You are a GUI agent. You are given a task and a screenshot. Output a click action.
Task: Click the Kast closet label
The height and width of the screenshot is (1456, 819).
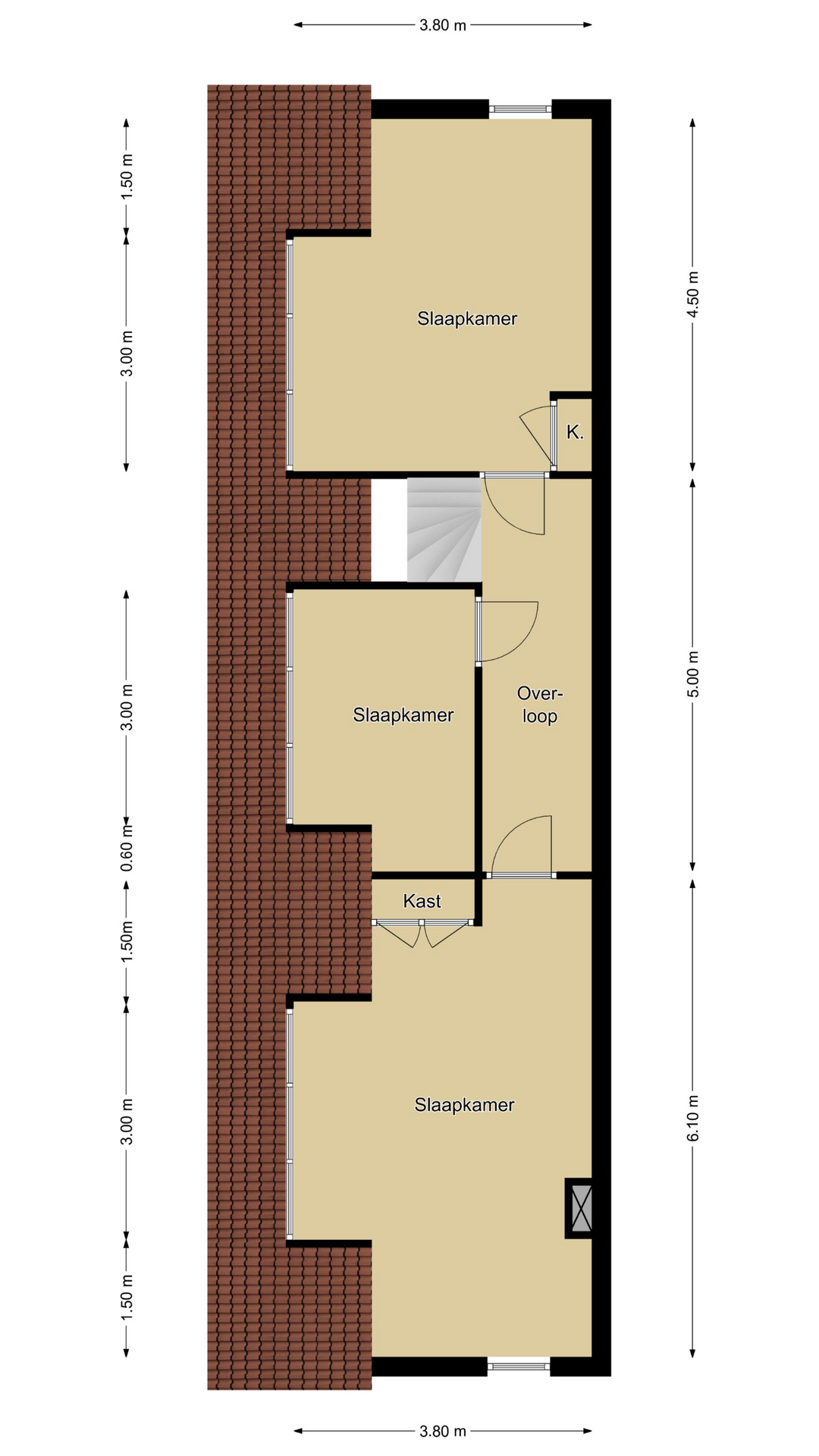click(x=422, y=901)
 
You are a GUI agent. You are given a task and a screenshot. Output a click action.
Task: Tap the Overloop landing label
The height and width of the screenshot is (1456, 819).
click(x=540, y=704)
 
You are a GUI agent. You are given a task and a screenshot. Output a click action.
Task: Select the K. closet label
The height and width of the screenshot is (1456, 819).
click(x=575, y=433)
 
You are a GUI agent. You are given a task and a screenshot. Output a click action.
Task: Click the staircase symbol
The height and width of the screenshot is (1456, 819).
click(x=444, y=529)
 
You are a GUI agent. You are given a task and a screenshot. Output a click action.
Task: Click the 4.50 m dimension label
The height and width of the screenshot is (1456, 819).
click(x=693, y=295)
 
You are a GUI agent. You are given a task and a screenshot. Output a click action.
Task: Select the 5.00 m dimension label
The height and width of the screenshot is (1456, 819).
click(x=693, y=674)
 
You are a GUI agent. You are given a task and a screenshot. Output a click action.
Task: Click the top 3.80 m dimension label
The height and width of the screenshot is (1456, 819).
click(x=443, y=25)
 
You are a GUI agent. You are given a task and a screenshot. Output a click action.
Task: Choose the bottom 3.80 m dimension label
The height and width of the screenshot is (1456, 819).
click(x=443, y=1431)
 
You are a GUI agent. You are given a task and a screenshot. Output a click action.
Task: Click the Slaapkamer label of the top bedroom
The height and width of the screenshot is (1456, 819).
click(x=467, y=318)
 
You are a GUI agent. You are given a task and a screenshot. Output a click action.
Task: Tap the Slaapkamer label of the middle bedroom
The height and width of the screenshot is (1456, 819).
click(x=403, y=715)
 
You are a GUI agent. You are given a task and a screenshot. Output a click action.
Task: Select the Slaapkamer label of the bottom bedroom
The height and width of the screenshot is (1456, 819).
click(x=464, y=1105)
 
